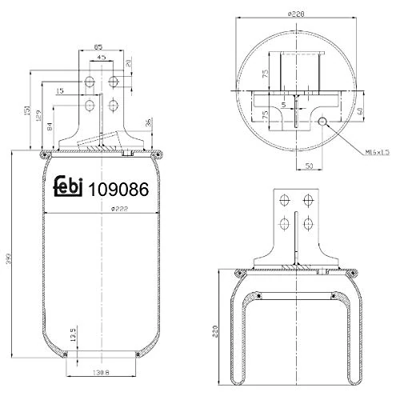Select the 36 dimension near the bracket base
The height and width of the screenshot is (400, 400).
[x=149, y=122]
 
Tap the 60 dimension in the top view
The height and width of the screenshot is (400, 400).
[x=362, y=112]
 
